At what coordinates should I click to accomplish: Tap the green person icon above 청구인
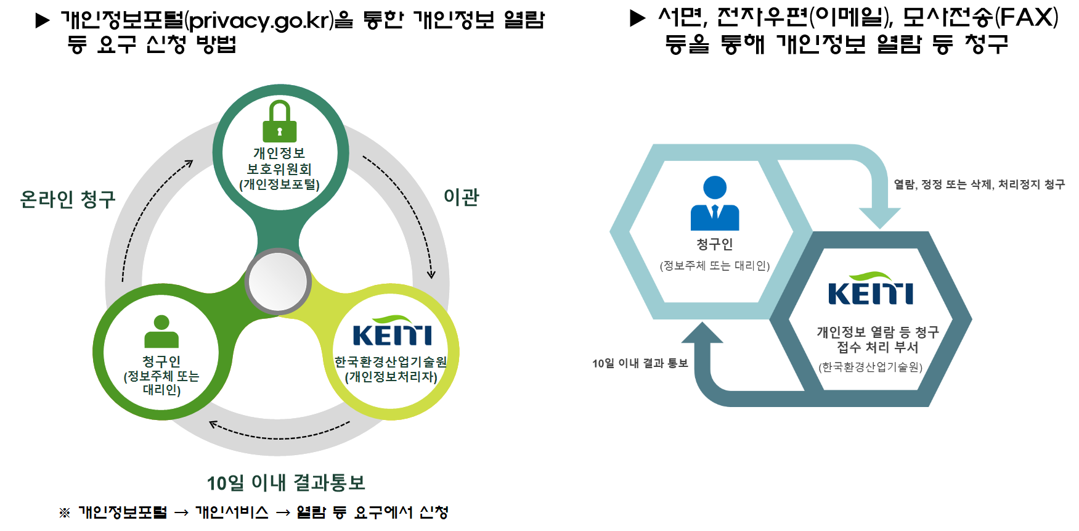click(x=161, y=332)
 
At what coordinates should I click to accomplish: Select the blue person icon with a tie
click(x=715, y=204)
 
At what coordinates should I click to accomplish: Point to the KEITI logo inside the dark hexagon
click(x=870, y=289)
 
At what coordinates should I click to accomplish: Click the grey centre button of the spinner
click(x=279, y=281)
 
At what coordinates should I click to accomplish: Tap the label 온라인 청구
click(x=68, y=199)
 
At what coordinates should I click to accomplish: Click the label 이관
click(x=461, y=197)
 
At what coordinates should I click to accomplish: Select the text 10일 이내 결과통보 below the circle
click(x=286, y=483)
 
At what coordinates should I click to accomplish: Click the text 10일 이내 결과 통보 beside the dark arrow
click(x=640, y=363)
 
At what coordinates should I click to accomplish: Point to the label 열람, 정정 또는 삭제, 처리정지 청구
click(x=979, y=184)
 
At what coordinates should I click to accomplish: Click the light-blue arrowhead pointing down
click(x=880, y=217)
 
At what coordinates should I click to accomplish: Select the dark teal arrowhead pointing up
click(x=702, y=334)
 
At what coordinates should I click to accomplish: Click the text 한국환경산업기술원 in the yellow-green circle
click(x=391, y=362)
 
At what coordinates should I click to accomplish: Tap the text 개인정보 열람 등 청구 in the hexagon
click(x=877, y=332)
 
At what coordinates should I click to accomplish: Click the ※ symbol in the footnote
click(x=65, y=512)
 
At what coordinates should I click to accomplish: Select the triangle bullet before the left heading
click(x=43, y=21)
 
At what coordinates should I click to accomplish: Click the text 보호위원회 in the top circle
click(x=279, y=169)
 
